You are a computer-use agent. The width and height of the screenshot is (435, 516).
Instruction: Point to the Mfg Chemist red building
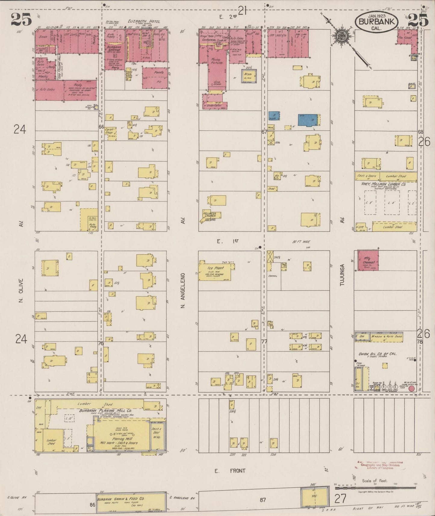coord(368,261)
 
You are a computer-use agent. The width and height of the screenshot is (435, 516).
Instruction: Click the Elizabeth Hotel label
coord(144,21)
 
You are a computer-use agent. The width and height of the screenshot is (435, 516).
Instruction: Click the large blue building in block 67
coord(308,120)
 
